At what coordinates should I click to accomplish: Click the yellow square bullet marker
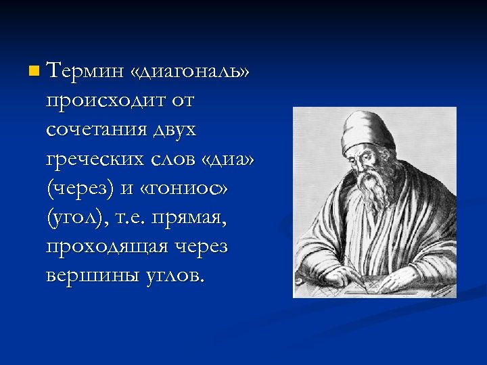click(34, 70)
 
